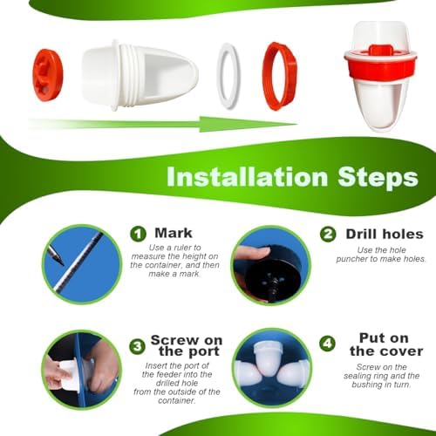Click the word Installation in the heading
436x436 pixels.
point(245,178)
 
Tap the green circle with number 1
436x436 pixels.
point(139,234)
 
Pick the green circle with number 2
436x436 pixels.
point(328,234)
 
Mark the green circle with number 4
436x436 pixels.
point(327,344)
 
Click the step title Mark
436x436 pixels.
point(173,233)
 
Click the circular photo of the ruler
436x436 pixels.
point(82,263)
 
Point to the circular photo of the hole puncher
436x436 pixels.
point(270,264)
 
